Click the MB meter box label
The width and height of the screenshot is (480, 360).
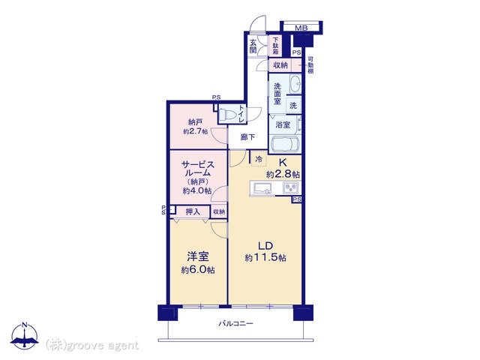click(x=301, y=28)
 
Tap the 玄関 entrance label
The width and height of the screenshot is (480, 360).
click(x=253, y=46)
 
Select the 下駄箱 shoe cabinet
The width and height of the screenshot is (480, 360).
click(x=275, y=46)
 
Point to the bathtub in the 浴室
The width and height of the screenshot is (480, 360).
click(x=284, y=145)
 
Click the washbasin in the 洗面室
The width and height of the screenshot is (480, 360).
click(x=295, y=83)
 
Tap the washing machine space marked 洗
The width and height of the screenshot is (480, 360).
click(x=293, y=106)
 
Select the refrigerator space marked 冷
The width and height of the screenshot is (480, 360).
click(x=259, y=159)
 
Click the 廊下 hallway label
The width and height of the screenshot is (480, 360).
click(x=247, y=137)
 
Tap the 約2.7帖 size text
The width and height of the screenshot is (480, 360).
click(x=195, y=132)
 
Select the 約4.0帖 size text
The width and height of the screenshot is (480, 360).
click(x=197, y=190)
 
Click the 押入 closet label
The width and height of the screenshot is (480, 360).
click(x=193, y=211)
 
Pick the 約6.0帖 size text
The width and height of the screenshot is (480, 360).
click(x=198, y=270)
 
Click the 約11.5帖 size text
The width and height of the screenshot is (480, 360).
click(x=265, y=258)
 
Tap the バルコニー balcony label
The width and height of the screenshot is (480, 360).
click(x=235, y=323)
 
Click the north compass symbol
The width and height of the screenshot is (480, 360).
click(x=25, y=336)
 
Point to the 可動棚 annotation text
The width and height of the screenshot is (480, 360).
click(x=310, y=65)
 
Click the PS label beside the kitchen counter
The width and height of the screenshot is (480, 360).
click(x=297, y=199)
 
